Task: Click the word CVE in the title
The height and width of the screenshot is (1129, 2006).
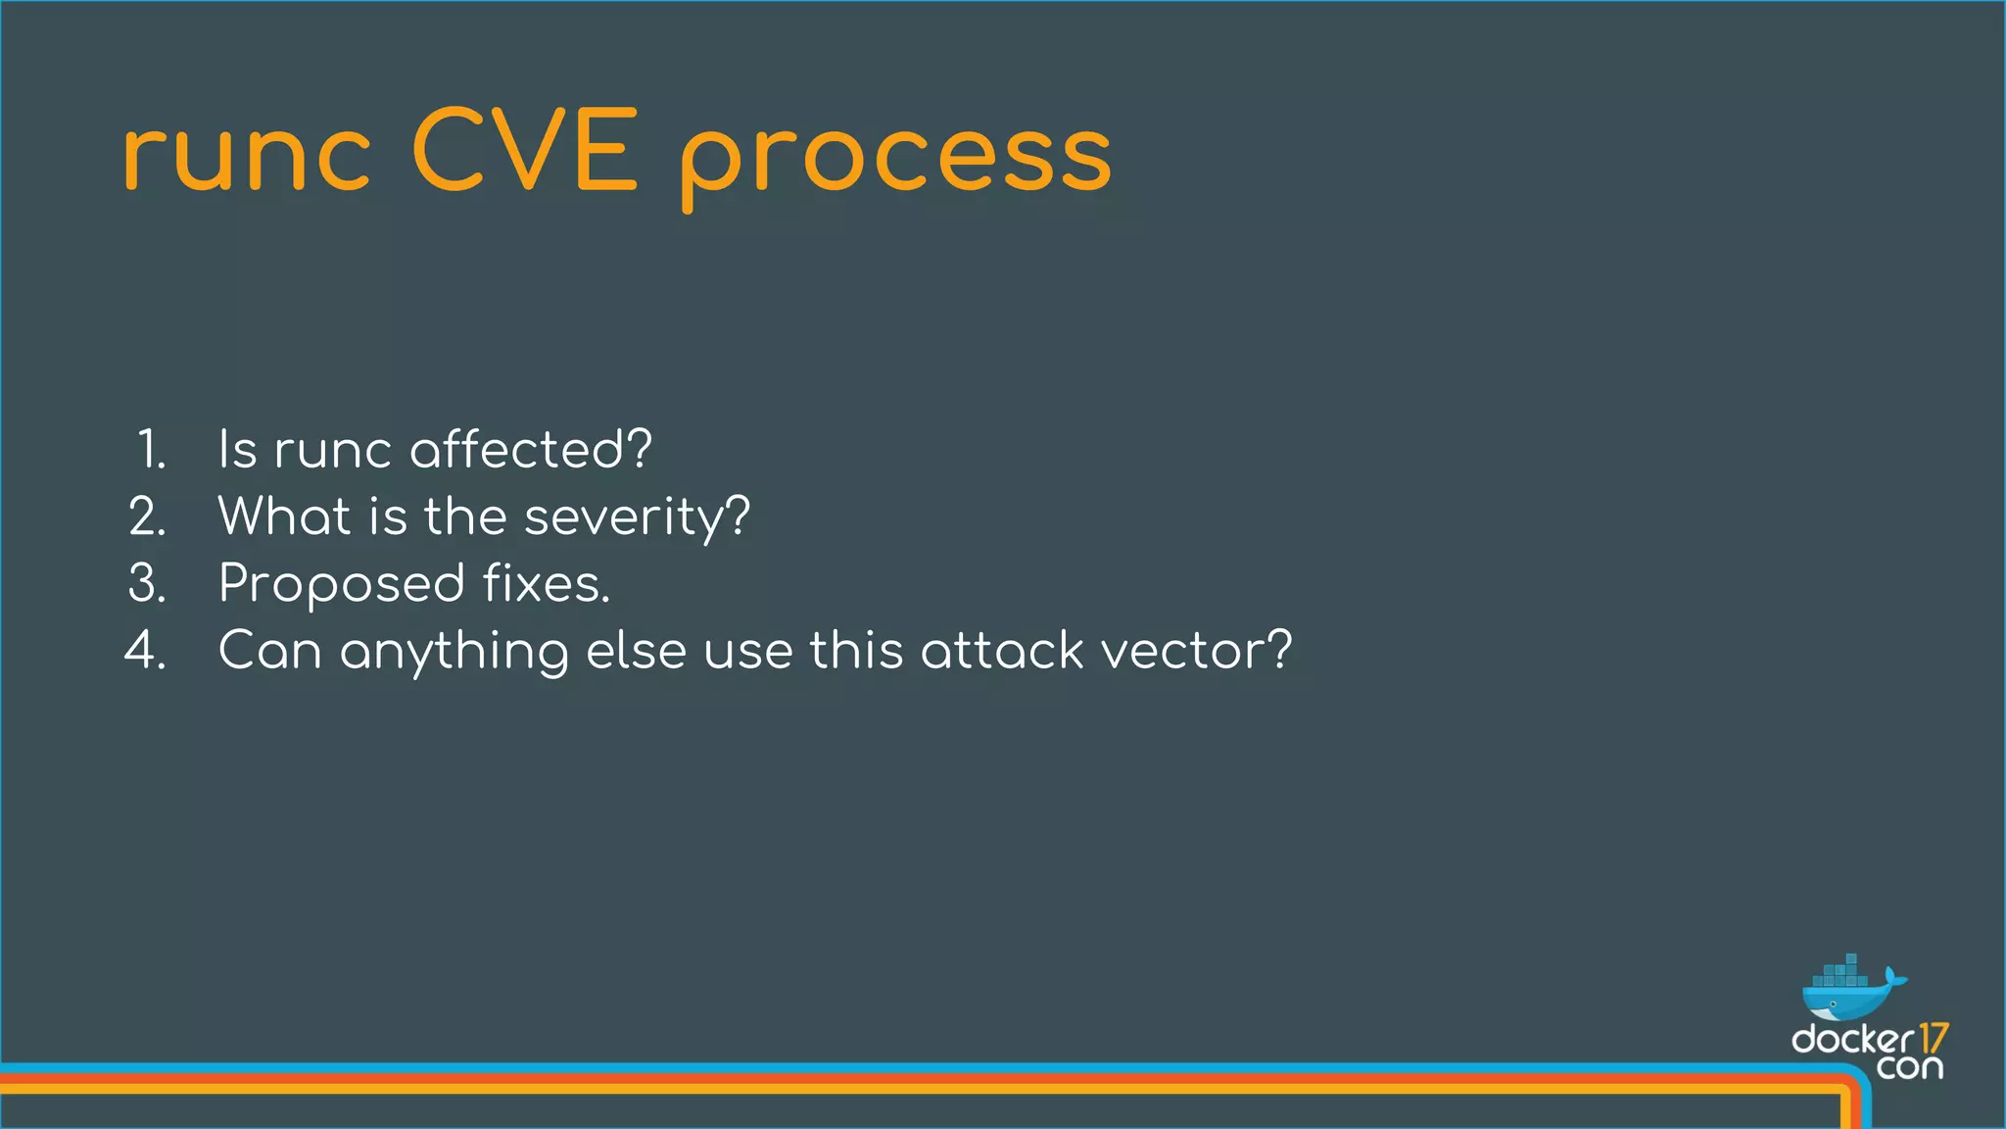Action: point(525,152)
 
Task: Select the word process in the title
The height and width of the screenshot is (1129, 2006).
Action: point(896,157)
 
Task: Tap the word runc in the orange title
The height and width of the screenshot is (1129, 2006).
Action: point(247,157)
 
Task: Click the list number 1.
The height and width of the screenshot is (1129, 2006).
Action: point(151,450)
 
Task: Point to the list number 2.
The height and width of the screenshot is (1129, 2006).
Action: point(148,516)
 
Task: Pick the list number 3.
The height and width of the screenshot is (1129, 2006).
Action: point(148,583)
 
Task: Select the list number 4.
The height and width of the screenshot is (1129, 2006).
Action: point(146,650)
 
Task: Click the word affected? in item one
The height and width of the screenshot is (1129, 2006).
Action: point(530,450)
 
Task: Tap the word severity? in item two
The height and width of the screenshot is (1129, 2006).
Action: point(637,516)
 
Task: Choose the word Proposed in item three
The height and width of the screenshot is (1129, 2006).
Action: point(341,585)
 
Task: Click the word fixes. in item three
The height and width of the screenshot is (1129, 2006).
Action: point(547,583)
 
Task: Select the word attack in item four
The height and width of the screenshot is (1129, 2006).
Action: point(1002,650)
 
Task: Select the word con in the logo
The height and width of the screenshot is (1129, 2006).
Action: point(1909,1067)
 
